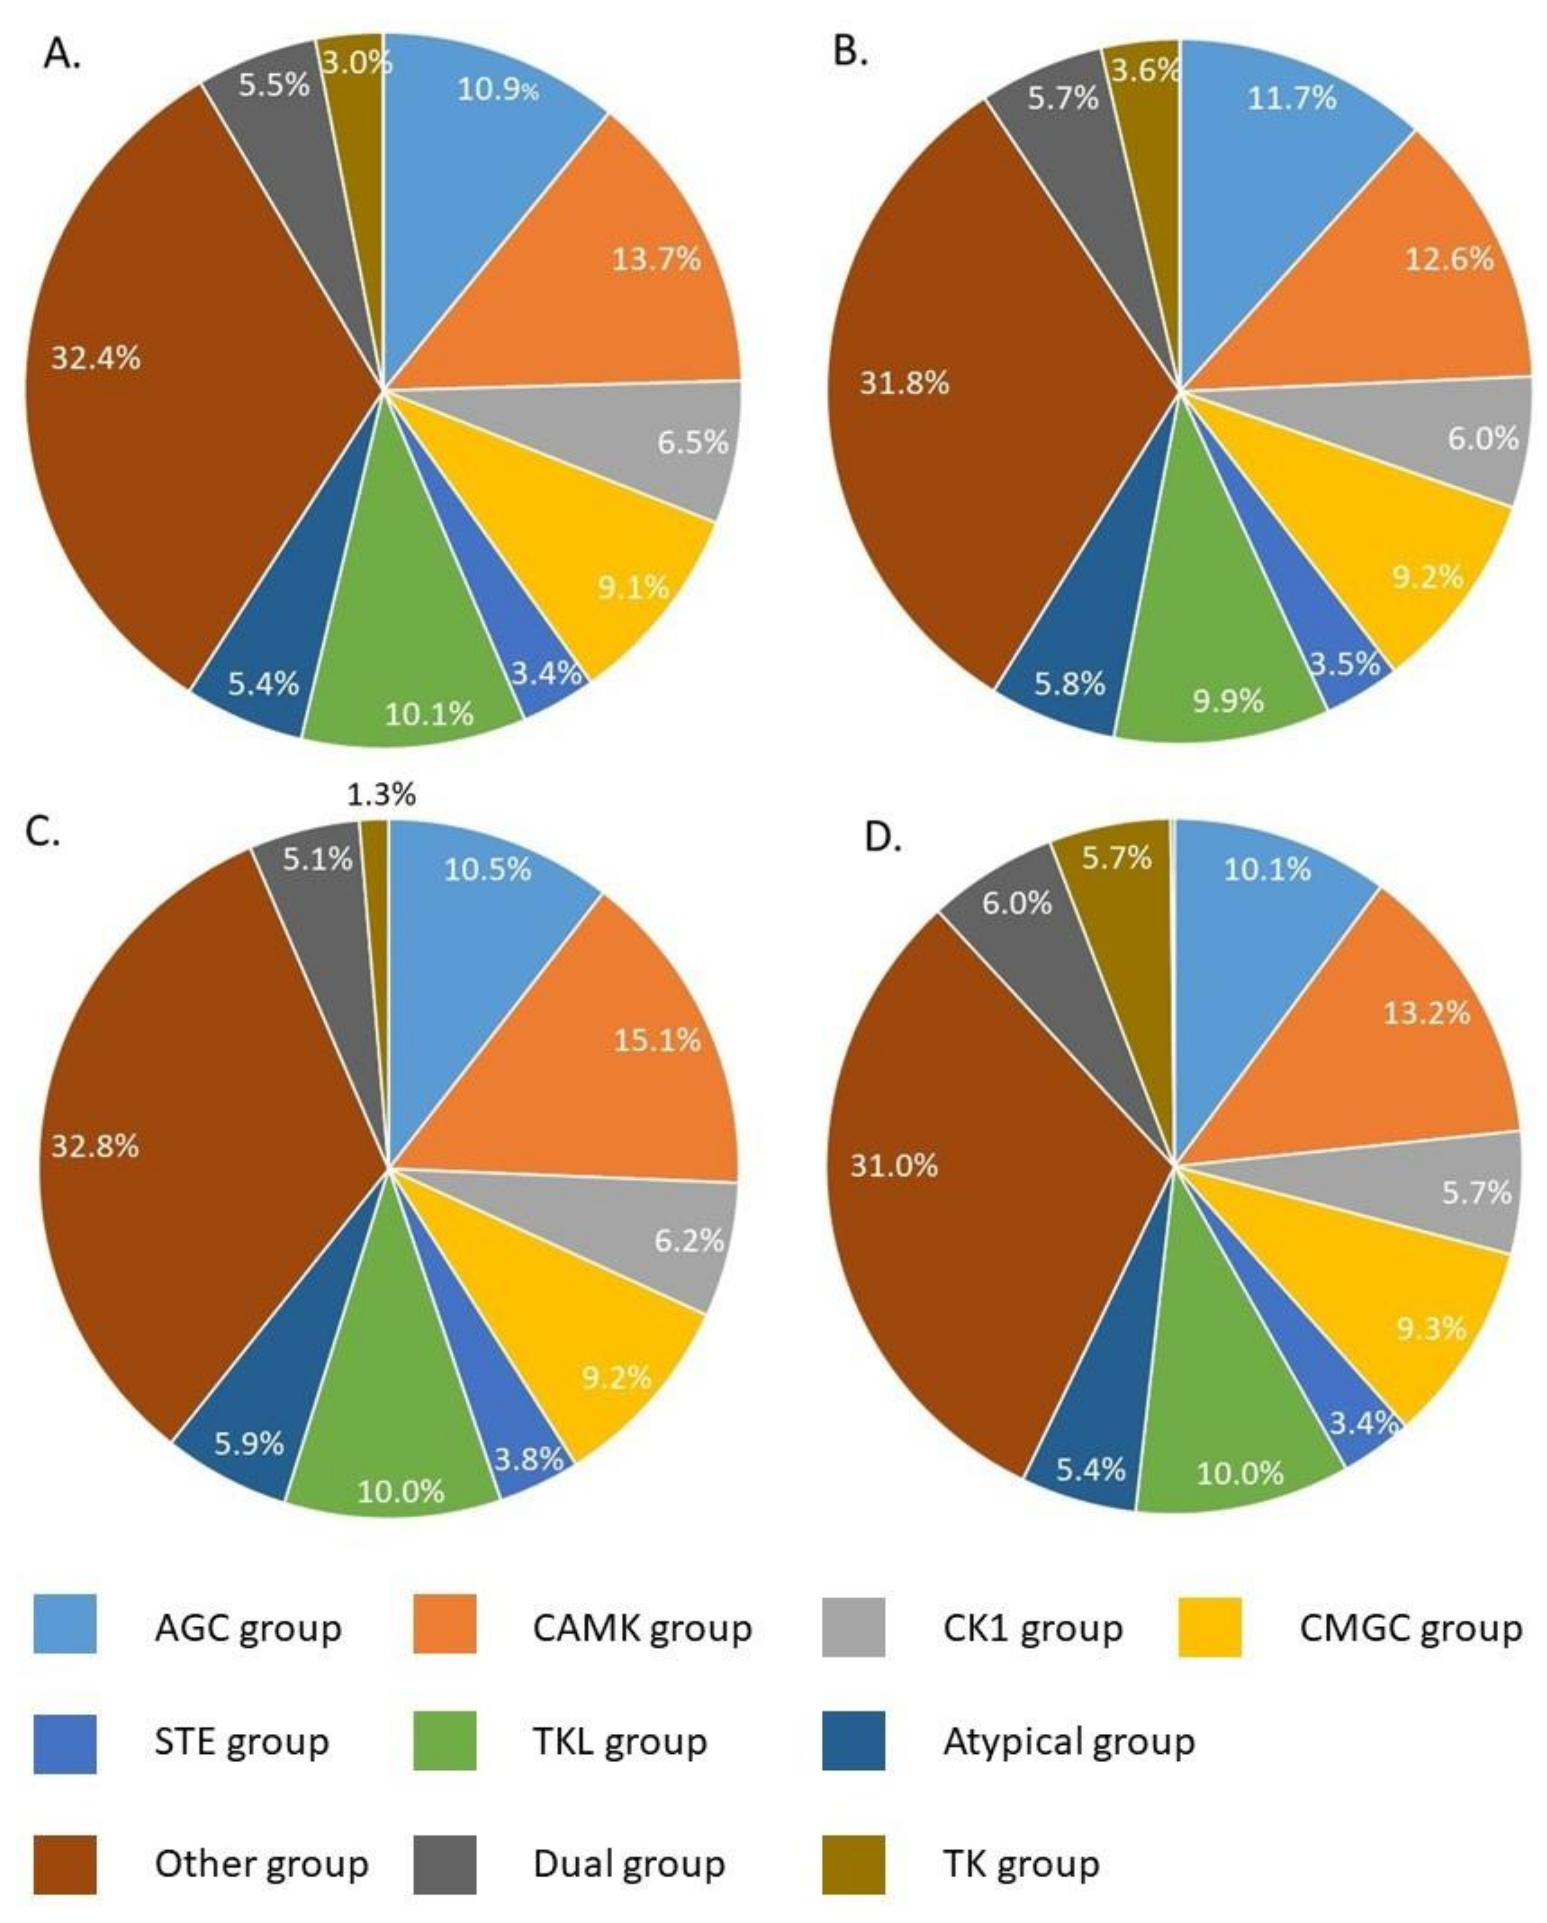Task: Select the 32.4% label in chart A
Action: [95, 358]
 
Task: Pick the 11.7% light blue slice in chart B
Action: [1285, 116]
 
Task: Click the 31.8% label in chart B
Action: [904, 384]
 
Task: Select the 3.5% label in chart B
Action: [1345, 664]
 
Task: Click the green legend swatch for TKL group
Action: [444, 1741]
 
